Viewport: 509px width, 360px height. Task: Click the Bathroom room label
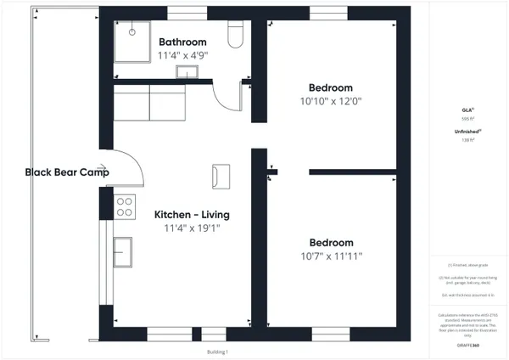pyautogui.click(x=182, y=42)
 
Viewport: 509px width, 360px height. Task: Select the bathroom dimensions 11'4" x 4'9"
pyautogui.click(x=182, y=55)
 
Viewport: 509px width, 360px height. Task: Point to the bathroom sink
pyautogui.click(x=185, y=72)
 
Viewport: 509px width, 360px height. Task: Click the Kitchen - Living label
pyautogui.click(x=191, y=215)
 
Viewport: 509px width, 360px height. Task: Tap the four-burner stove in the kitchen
pyautogui.click(x=125, y=205)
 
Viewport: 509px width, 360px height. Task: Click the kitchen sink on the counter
pyautogui.click(x=124, y=251)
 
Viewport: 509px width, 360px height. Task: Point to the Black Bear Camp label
pyautogui.click(x=67, y=172)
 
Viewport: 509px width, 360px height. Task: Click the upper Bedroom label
pyautogui.click(x=330, y=87)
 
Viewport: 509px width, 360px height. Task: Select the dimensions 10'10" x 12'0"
pyautogui.click(x=330, y=101)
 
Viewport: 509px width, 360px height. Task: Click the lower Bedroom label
pyautogui.click(x=330, y=241)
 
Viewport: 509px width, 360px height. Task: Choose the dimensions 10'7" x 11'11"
pyautogui.click(x=330, y=255)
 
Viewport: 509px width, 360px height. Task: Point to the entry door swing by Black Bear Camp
pyautogui.click(x=126, y=167)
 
